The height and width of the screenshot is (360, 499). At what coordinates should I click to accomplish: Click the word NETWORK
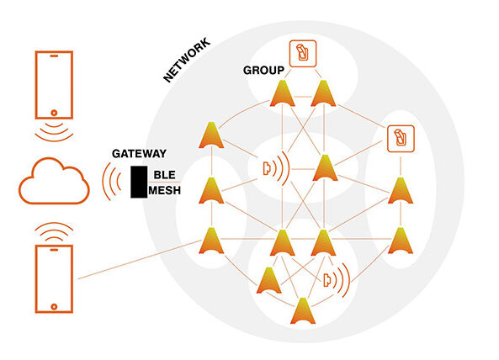click(187, 60)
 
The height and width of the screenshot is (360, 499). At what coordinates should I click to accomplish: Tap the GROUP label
click(263, 71)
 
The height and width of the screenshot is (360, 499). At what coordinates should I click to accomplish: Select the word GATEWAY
click(139, 154)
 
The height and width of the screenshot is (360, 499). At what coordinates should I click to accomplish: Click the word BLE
click(165, 175)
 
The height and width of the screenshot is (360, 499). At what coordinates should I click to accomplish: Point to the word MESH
click(165, 190)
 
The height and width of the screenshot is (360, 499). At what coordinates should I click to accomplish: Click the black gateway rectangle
click(139, 182)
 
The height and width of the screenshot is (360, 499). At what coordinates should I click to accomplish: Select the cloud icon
click(54, 181)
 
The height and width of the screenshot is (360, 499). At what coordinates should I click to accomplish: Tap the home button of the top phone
click(54, 113)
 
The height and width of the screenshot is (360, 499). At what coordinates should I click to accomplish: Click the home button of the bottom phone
click(54, 306)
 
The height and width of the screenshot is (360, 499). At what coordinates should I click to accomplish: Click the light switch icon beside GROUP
click(303, 54)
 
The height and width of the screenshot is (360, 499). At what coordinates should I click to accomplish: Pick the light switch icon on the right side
click(401, 139)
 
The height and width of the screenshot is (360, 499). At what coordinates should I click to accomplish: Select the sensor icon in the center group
click(276, 168)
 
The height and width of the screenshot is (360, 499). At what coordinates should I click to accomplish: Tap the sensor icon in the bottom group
click(336, 280)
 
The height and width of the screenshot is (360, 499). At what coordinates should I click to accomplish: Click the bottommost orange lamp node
click(303, 312)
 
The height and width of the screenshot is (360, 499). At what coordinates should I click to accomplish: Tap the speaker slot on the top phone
click(54, 56)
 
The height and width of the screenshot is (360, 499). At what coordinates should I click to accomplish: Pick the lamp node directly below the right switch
click(401, 191)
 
